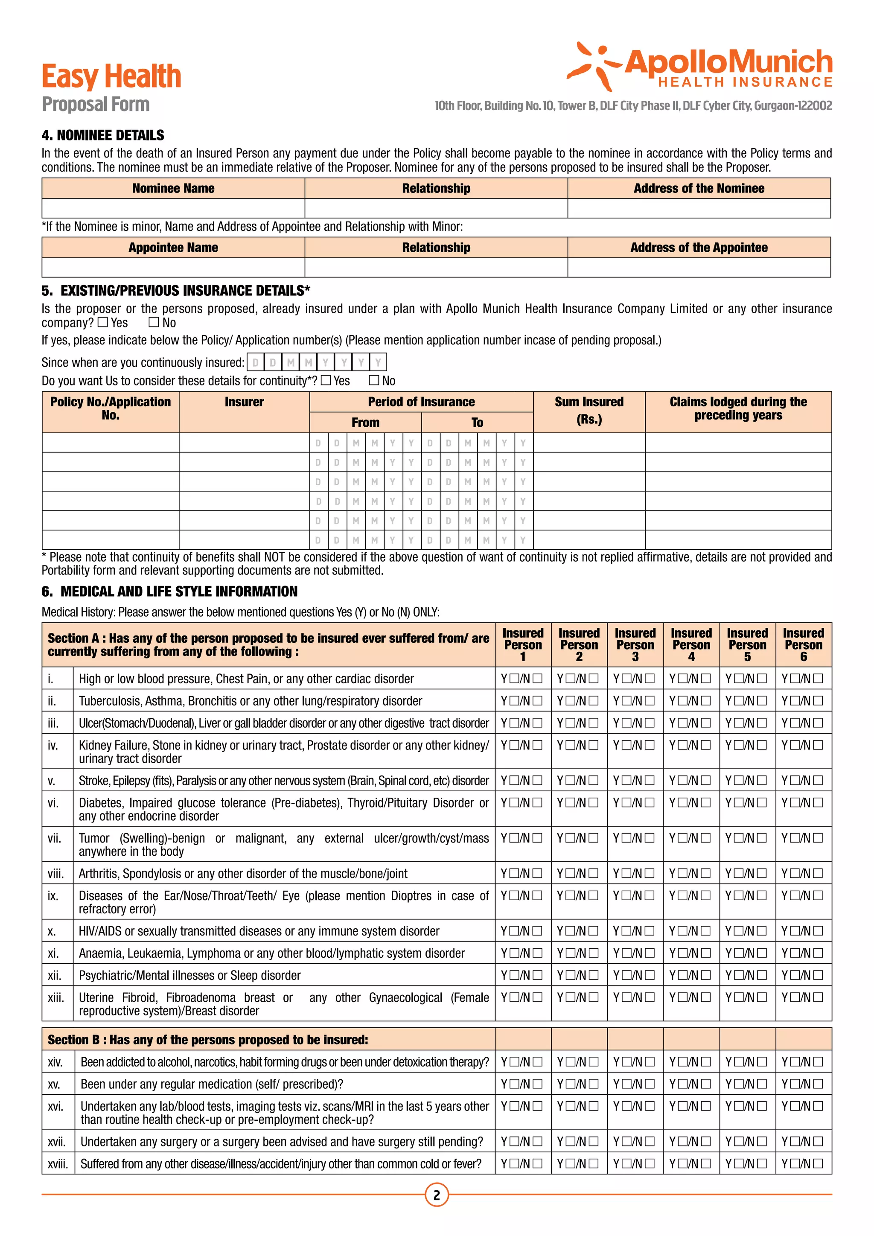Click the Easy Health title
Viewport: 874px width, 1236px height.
point(111,76)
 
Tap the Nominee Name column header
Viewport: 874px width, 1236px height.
point(173,188)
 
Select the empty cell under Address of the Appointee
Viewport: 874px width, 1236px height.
point(699,268)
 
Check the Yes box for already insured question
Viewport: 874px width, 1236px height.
point(103,323)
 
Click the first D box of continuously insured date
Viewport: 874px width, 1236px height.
point(256,362)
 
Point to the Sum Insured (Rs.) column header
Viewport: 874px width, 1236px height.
point(589,411)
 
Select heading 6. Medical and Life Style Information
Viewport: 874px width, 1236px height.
point(169,592)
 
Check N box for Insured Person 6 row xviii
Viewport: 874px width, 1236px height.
point(818,1163)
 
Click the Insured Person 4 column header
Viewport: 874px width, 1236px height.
point(691,644)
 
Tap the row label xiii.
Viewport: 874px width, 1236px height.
point(55,997)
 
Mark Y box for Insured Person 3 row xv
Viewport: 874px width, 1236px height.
point(626,1084)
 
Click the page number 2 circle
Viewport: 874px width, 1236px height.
point(437,1195)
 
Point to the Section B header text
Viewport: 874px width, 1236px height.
point(208,1040)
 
